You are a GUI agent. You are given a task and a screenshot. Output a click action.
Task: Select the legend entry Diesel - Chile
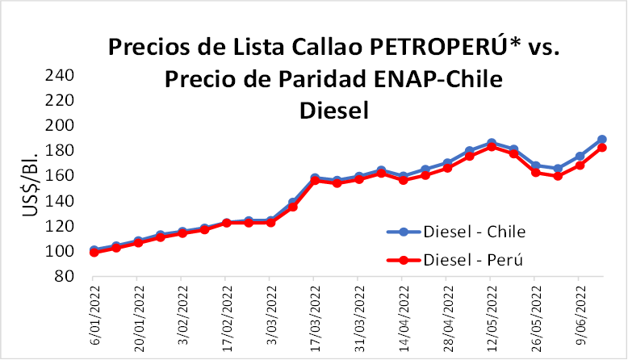(x=474, y=232)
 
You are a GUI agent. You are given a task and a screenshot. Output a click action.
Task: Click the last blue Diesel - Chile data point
(x=601, y=140)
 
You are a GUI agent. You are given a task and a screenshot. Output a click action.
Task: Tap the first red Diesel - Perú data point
(x=94, y=252)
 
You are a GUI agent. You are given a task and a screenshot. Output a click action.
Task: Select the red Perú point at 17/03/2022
(x=315, y=181)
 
